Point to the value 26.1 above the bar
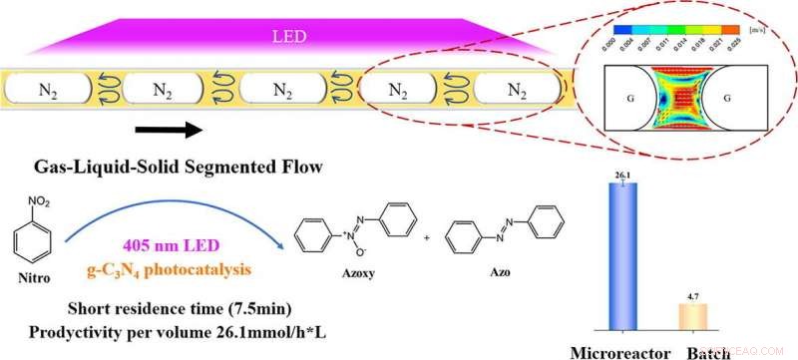click(x=627, y=177)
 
